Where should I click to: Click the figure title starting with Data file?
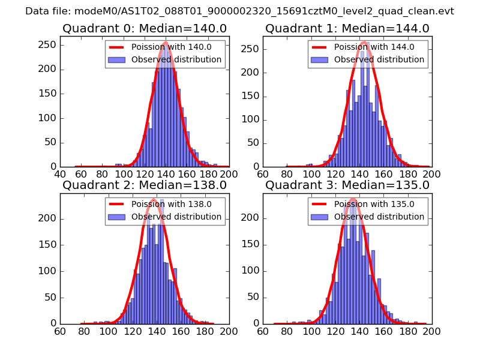(239, 11)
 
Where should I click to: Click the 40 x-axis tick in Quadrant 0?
(60, 174)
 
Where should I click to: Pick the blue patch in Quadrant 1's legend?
(319, 60)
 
